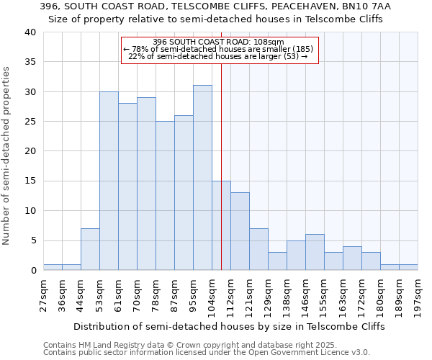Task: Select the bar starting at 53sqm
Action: [109, 181]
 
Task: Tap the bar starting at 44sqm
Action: [90, 249]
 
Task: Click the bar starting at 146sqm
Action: [315, 252]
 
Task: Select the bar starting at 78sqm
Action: [165, 196]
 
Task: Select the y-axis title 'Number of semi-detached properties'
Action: [6, 156]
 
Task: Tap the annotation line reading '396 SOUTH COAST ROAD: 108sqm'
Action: [219, 42]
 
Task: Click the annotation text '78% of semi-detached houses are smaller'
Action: [219, 49]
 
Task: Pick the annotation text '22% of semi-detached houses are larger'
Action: [219, 56]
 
